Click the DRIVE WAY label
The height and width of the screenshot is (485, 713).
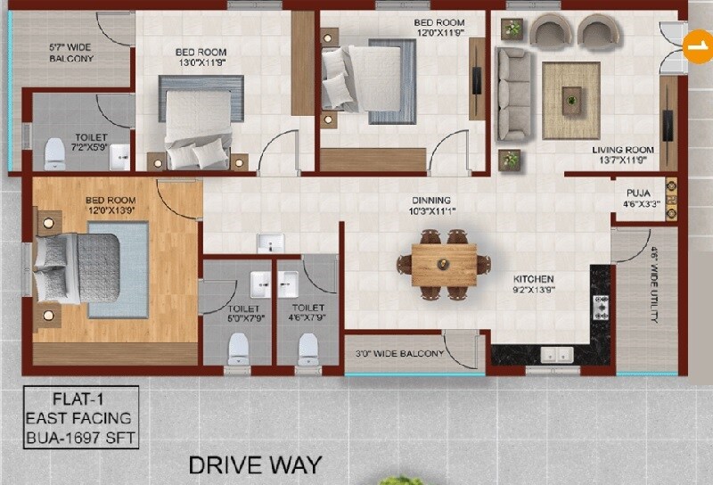click(255, 464)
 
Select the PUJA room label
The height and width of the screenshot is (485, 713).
click(637, 192)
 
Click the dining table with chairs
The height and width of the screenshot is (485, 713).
click(444, 264)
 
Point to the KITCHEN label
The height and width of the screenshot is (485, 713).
click(533, 279)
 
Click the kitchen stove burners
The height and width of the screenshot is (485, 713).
click(600, 308)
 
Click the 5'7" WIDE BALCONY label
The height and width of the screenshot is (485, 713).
click(70, 52)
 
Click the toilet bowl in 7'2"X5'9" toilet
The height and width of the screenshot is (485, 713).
click(55, 154)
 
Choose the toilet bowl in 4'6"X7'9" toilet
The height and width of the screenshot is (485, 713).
click(308, 347)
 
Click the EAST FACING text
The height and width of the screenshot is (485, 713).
click(78, 417)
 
